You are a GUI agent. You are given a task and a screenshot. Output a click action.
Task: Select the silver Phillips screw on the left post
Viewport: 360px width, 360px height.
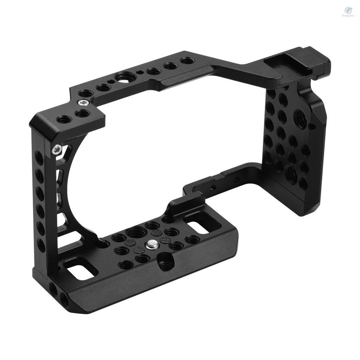56,150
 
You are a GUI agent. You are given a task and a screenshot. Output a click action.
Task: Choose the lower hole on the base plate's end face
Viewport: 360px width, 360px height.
64,299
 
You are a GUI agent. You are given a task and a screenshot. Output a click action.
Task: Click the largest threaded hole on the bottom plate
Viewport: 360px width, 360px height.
137,232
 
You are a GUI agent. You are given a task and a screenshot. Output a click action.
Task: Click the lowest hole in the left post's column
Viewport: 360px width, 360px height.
41,245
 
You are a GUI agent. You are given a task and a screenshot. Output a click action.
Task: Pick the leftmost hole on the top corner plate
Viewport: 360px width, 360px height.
63,120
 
